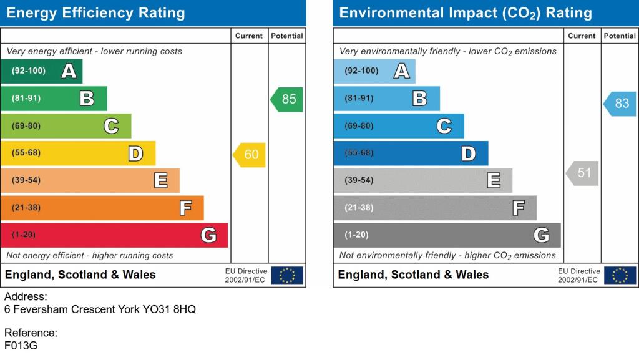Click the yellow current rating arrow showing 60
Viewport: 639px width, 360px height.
click(250, 155)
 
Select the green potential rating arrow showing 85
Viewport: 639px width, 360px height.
click(287, 100)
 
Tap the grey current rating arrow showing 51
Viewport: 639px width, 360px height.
click(583, 173)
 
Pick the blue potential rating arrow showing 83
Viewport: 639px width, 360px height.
click(620, 104)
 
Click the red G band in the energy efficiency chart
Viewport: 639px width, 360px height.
click(114, 235)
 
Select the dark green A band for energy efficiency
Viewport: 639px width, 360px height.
click(41, 71)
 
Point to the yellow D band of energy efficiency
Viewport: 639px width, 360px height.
click(78, 153)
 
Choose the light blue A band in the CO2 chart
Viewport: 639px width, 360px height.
click(374, 71)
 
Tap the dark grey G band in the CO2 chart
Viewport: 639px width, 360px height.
click(447, 235)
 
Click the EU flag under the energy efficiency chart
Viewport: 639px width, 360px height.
click(287, 275)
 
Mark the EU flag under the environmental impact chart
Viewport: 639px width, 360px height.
click(620, 275)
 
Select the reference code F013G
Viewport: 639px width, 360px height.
click(21, 345)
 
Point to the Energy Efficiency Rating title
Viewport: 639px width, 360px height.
click(95, 13)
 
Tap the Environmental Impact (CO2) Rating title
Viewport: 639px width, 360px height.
click(466, 13)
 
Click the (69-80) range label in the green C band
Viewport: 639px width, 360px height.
click(26, 126)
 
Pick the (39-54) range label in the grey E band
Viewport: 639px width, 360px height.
click(359, 180)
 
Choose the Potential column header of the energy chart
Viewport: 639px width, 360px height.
click(287, 36)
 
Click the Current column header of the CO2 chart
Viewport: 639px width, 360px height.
click(582, 36)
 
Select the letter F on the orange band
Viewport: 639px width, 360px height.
click(185, 208)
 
